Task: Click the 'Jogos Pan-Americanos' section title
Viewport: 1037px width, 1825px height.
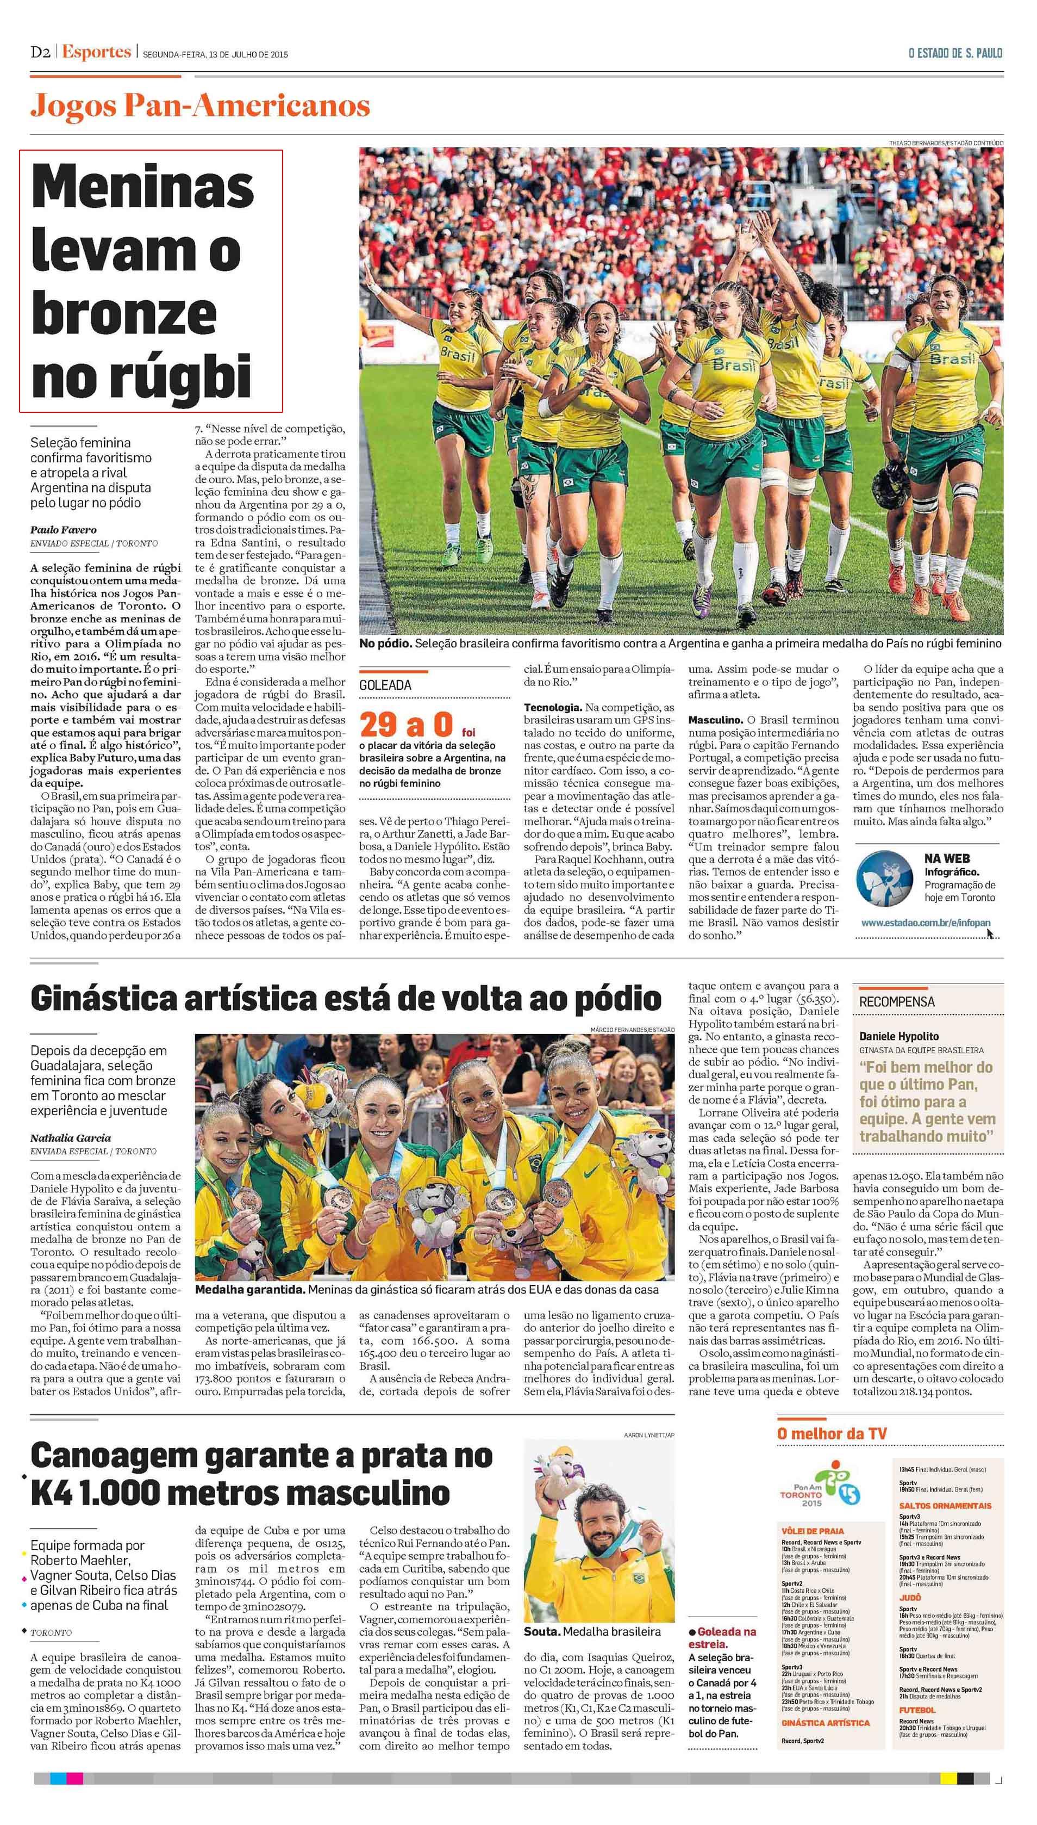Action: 200,107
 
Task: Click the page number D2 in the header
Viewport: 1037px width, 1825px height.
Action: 40,53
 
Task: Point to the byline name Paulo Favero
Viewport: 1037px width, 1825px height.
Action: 64,529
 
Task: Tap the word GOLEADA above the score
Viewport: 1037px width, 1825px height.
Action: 385,685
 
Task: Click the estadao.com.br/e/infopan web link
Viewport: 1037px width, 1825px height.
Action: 925,922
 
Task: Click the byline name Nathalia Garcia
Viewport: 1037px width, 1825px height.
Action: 71,1137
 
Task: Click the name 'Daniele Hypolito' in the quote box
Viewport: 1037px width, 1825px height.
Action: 899,1036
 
